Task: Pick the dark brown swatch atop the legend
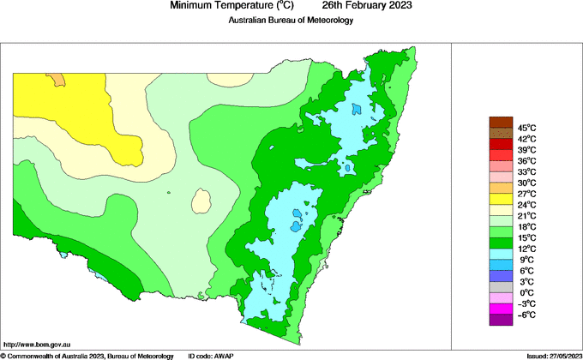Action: [500, 122]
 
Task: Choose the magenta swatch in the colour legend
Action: [500, 309]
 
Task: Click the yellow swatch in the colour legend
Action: [500, 199]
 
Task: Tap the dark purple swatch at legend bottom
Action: [500, 320]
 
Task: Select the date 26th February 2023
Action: [367, 6]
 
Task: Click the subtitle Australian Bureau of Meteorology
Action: [291, 21]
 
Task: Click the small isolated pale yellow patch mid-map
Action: [202, 201]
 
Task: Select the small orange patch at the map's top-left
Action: [57, 79]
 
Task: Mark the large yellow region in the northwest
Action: [77, 111]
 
